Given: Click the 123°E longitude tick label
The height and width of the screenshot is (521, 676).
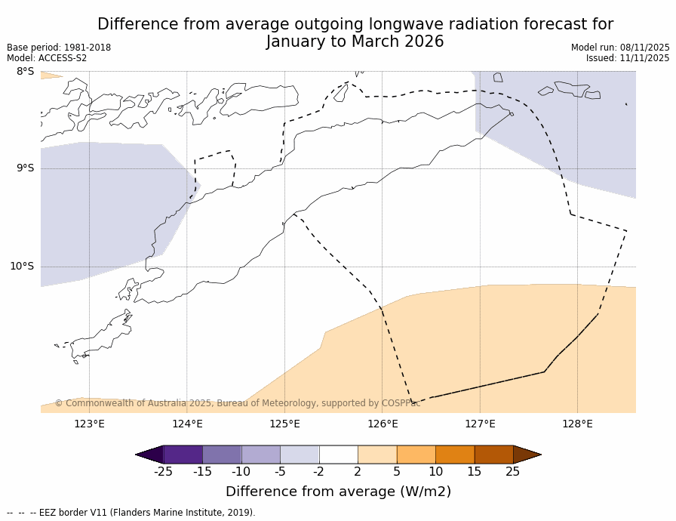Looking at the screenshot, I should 89,424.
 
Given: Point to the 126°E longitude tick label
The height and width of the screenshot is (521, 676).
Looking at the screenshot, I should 383,424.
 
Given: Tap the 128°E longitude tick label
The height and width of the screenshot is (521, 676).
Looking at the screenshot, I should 577,424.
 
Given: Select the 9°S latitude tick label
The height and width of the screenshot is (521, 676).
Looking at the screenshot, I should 25,168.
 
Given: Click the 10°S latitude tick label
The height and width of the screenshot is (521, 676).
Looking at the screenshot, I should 22,267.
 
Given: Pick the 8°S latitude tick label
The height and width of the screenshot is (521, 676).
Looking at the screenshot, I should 25,72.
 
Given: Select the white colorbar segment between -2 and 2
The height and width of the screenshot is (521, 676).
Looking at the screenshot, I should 338,455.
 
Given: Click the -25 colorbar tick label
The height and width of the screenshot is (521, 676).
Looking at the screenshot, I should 163,473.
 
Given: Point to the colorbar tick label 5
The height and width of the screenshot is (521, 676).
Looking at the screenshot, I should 397,473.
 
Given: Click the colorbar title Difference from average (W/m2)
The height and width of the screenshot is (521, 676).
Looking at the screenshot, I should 338,492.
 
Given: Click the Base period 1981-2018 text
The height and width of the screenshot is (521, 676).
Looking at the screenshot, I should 59,48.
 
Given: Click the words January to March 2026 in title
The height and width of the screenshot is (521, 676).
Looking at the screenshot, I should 355,42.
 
